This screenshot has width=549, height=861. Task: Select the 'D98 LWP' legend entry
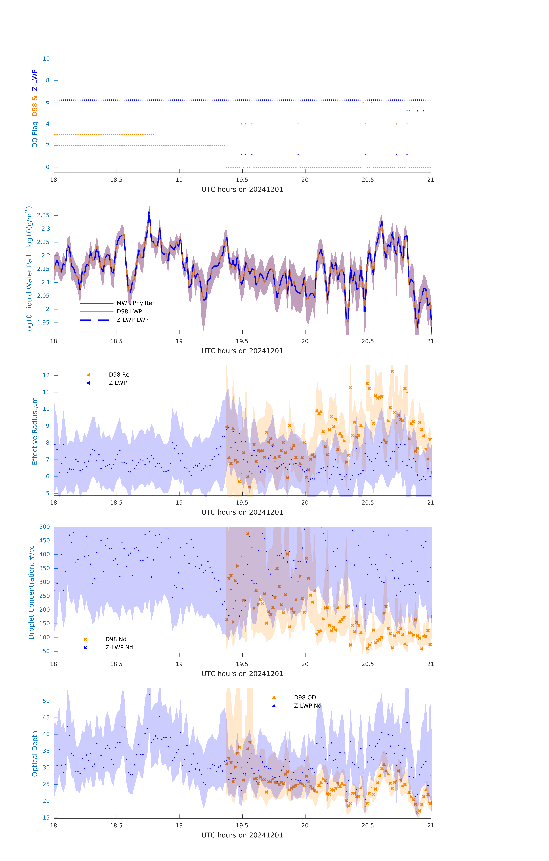[129, 311]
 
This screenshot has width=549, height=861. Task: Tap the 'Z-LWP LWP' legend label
[132, 320]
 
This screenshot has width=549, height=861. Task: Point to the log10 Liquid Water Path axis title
[29, 269]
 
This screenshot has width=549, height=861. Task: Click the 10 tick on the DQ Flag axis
[46, 59]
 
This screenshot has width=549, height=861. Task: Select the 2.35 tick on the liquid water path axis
[43, 215]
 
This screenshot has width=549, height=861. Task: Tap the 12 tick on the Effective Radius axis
[46, 375]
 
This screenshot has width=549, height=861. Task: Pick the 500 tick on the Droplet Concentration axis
[45, 527]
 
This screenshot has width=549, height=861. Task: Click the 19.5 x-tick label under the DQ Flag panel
[242, 180]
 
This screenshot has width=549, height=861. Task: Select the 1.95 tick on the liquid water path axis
[43, 323]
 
